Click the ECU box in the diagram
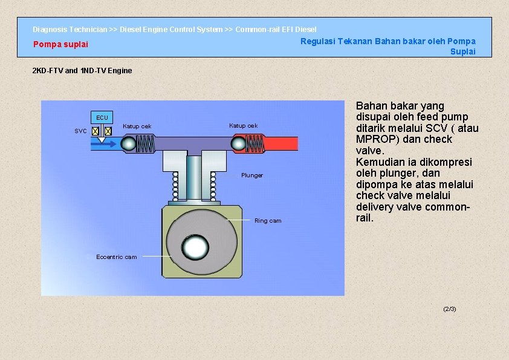click(x=102, y=117)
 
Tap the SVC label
click(x=80, y=131)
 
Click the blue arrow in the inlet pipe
click(x=104, y=143)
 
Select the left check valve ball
click(x=128, y=143)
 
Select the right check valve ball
click(x=238, y=143)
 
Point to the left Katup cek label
click(x=137, y=126)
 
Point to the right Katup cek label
click(x=244, y=125)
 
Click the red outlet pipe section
click(x=281, y=143)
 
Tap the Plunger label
click(x=252, y=175)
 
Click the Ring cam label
click(x=268, y=221)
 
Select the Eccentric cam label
click(x=117, y=257)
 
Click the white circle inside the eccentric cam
click(x=195, y=247)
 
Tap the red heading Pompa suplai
click(x=60, y=44)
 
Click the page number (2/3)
click(x=450, y=309)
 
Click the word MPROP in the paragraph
click(x=378, y=139)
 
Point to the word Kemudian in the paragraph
click(x=378, y=162)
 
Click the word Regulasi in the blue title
click(x=318, y=41)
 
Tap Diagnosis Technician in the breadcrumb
click(x=70, y=29)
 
